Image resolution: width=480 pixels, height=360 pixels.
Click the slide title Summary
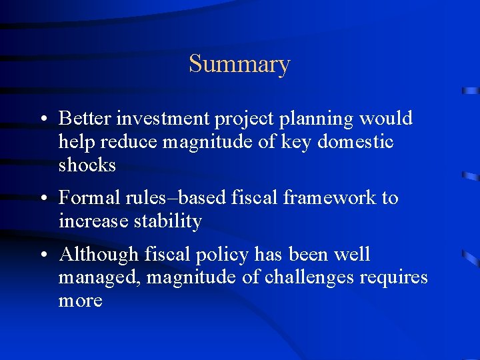[x=239, y=65]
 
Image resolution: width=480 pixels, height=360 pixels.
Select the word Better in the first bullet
[x=85, y=119]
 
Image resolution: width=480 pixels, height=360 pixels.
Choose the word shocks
[x=87, y=165]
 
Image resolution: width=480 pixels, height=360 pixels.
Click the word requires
[x=394, y=278]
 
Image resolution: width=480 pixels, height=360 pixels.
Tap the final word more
[x=80, y=301]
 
